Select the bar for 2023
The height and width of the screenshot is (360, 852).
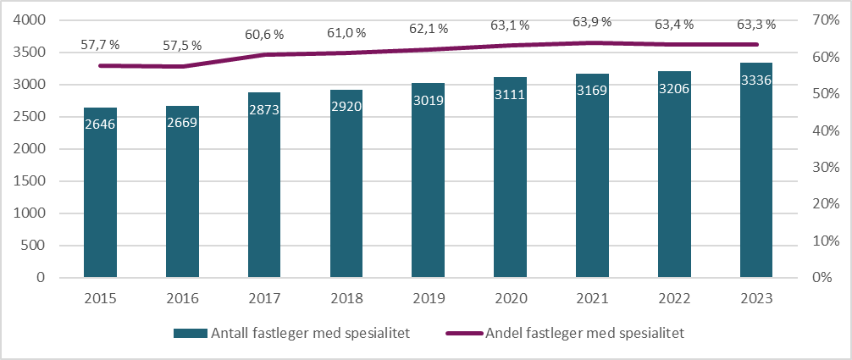point(755,170)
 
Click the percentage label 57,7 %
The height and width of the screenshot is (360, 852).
point(101,42)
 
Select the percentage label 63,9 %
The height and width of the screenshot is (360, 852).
point(593,20)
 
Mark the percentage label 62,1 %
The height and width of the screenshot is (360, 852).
point(429,29)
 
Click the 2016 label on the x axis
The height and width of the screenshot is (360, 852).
point(182,298)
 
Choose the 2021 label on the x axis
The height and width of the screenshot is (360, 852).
point(592,298)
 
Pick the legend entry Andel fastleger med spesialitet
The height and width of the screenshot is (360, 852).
point(567,333)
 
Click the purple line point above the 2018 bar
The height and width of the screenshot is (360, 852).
point(346,53)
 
